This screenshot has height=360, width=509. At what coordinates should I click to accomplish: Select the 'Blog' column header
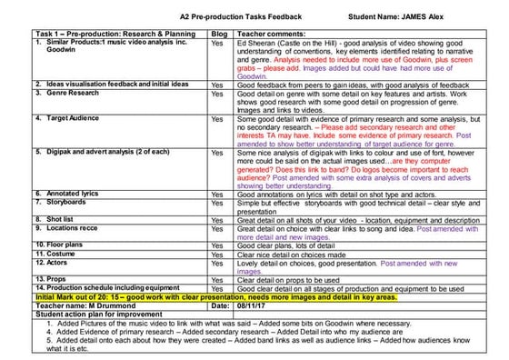coord(218,35)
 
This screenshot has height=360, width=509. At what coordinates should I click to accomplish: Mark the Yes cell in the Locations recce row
coord(217,228)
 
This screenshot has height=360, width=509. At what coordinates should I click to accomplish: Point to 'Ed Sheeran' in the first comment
coord(259,43)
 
